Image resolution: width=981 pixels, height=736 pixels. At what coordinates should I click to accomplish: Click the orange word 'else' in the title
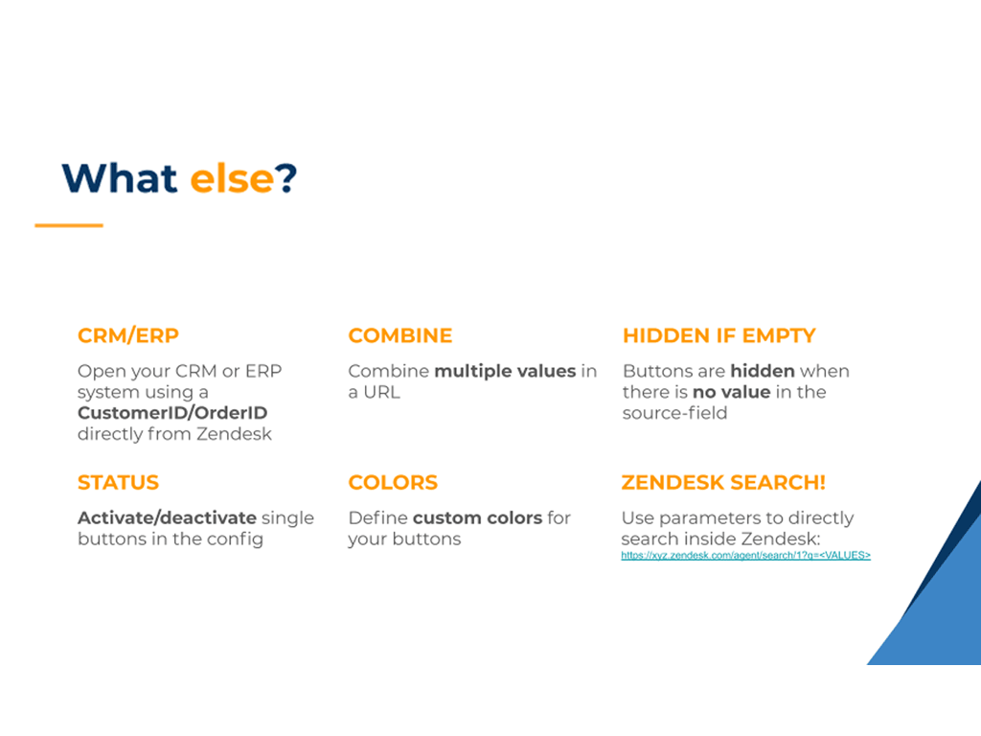(232, 178)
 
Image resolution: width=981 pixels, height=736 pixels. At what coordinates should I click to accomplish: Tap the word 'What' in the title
(119, 178)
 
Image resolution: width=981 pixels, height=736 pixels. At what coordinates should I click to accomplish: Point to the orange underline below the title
(69, 225)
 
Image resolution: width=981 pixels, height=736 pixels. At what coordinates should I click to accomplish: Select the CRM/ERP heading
(128, 335)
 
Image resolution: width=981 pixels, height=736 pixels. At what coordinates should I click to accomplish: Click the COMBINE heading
(400, 335)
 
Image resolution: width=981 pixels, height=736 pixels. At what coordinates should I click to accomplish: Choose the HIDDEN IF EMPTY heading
(719, 335)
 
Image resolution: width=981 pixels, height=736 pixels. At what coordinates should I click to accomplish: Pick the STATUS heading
(118, 483)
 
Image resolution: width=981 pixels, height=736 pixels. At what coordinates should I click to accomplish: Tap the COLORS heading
(393, 483)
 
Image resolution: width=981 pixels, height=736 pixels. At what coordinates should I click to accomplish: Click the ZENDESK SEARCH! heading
(723, 483)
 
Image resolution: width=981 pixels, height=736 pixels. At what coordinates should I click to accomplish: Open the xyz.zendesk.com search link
(745, 555)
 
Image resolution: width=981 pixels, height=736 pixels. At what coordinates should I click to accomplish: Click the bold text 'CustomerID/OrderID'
(172, 413)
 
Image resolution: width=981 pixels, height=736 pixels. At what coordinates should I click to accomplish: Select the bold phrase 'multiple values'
(505, 371)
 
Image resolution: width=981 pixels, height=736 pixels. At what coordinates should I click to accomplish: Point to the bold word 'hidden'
(763, 371)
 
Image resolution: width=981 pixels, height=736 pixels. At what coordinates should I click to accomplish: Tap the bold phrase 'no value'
(732, 392)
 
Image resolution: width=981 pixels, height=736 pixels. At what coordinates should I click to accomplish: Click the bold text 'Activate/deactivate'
(167, 518)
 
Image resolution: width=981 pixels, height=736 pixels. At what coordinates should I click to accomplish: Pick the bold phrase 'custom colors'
(477, 518)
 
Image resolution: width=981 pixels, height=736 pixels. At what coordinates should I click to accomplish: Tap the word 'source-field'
(675, 413)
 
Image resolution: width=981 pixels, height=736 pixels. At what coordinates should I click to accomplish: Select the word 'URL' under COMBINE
(381, 392)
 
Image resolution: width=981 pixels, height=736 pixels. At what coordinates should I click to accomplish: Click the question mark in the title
(285, 178)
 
